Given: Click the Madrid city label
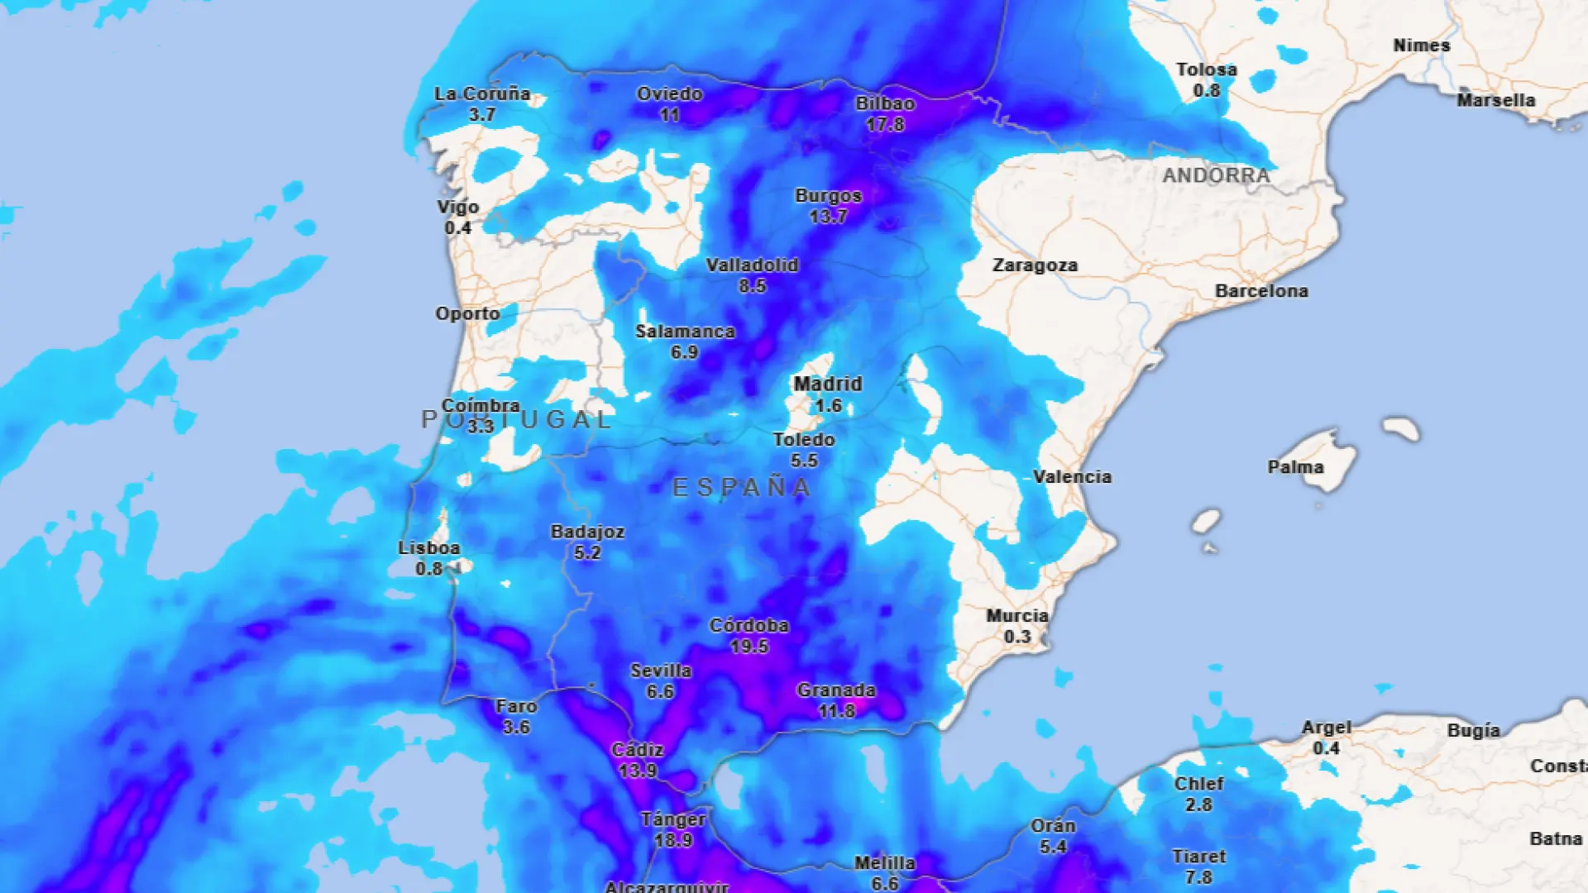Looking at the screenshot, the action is pyautogui.click(x=827, y=384).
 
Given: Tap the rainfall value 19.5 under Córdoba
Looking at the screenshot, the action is pyautogui.click(x=749, y=647).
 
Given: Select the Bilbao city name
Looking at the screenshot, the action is pyautogui.click(x=885, y=104).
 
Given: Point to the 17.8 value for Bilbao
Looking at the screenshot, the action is pyautogui.click(x=885, y=125).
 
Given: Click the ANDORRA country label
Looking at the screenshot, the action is pyautogui.click(x=1216, y=175).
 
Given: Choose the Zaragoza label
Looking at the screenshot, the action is pyautogui.click(x=1035, y=265).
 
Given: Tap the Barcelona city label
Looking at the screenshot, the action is pyautogui.click(x=1261, y=291).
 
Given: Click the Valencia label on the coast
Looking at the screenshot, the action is pyautogui.click(x=1072, y=477).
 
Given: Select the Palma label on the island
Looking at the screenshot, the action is pyautogui.click(x=1295, y=467).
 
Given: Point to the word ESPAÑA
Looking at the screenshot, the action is pyautogui.click(x=742, y=488).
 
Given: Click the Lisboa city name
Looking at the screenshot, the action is pyautogui.click(x=428, y=548).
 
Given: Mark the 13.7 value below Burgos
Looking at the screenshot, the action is pyautogui.click(x=828, y=217).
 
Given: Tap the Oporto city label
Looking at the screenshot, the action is pyautogui.click(x=467, y=314).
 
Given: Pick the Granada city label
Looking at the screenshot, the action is pyautogui.click(x=836, y=690).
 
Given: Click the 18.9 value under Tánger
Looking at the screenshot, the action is pyautogui.click(x=672, y=840).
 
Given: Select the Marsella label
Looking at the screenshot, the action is pyautogui.click(x=1495, y=101).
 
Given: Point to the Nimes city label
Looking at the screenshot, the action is pyautogui.click(x=1421, y=45).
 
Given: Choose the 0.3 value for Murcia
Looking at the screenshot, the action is pyautogui.click(x=1017, y=637).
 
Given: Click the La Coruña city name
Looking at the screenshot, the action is pyautogui.click(x=482, y=94).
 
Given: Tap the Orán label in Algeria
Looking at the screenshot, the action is pyautogui.click(x=1053, y=826).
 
